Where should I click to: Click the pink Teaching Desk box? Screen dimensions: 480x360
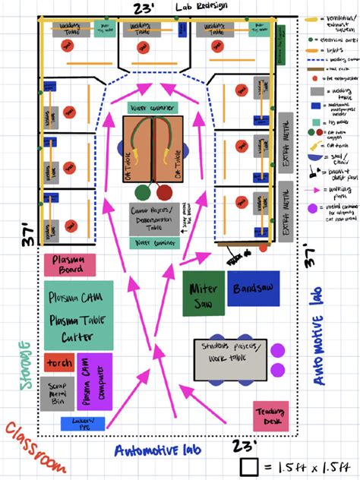pyautogui.click(x=271, y=415)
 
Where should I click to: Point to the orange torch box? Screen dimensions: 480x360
pyautogui.click(x=58, y=363)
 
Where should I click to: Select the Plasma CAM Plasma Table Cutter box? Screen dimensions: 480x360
pyautogui.click(x=78, y=315)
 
